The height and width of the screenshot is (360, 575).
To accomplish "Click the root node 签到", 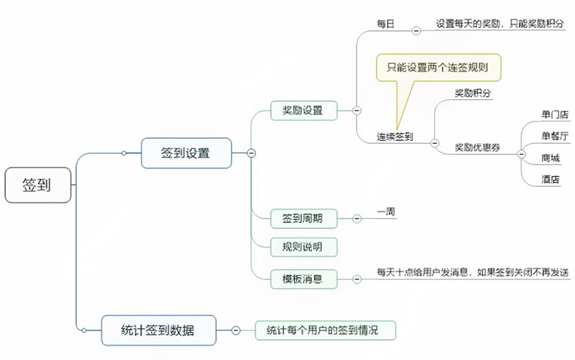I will (37, 185).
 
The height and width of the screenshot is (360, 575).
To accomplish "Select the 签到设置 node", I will (185, 152).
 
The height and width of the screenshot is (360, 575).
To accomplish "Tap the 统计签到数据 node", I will (157, 330).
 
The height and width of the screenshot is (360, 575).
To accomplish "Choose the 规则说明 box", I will (303, 248).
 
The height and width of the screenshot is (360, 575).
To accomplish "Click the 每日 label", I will (386, 25).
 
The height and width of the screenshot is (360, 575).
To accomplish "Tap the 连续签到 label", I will (395, 136).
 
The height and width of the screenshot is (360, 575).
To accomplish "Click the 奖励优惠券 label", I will (477, 148).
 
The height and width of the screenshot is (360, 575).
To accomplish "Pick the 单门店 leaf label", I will (554, 114).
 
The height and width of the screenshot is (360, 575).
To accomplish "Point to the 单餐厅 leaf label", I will (554, 136).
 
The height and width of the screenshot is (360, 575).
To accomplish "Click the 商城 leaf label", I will (550, 157).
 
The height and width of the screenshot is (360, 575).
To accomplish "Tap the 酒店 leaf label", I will (550, 179).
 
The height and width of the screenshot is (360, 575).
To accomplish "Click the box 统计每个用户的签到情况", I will (321, 330).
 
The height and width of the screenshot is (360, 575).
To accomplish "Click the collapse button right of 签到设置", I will (251, 152).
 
